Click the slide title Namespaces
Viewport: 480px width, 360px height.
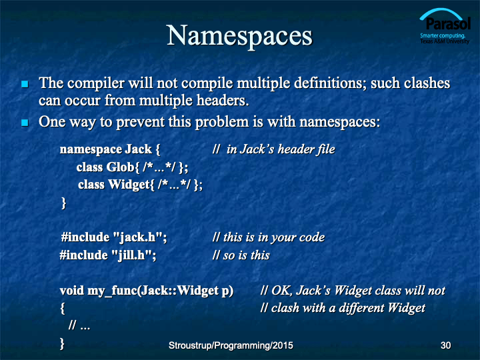tap(239, 37)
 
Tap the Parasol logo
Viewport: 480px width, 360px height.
tap(445, 26)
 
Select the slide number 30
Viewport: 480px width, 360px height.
tap(445, 345)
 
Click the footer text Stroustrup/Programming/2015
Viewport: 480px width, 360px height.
tap(231, 345)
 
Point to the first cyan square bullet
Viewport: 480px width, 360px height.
tap(25, 84)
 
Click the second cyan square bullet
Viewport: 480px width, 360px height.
tap(25, 123)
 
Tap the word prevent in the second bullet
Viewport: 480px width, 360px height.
tap(140, 123)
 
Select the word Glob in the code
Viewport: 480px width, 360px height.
tap(120, 167)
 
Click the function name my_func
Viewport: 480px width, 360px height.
tap(113, 291)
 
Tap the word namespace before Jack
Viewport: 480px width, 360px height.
tap(91, 150)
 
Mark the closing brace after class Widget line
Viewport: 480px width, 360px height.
tap(64, 203)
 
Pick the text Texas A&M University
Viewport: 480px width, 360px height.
tap(445, 41)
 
